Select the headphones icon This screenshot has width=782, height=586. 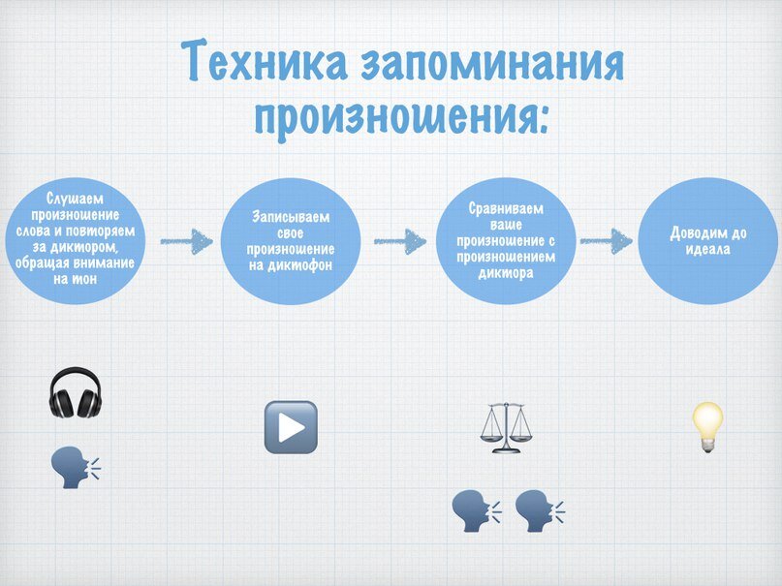coord(75,392)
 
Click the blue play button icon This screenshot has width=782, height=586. coord(291,427)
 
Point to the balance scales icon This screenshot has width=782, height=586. coord(505,428)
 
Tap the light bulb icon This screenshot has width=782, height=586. coord(707,427)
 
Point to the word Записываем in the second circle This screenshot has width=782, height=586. coord(291,216)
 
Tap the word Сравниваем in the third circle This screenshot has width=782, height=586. coord(506,208)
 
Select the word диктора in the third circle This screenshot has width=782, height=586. coord(506,272)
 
